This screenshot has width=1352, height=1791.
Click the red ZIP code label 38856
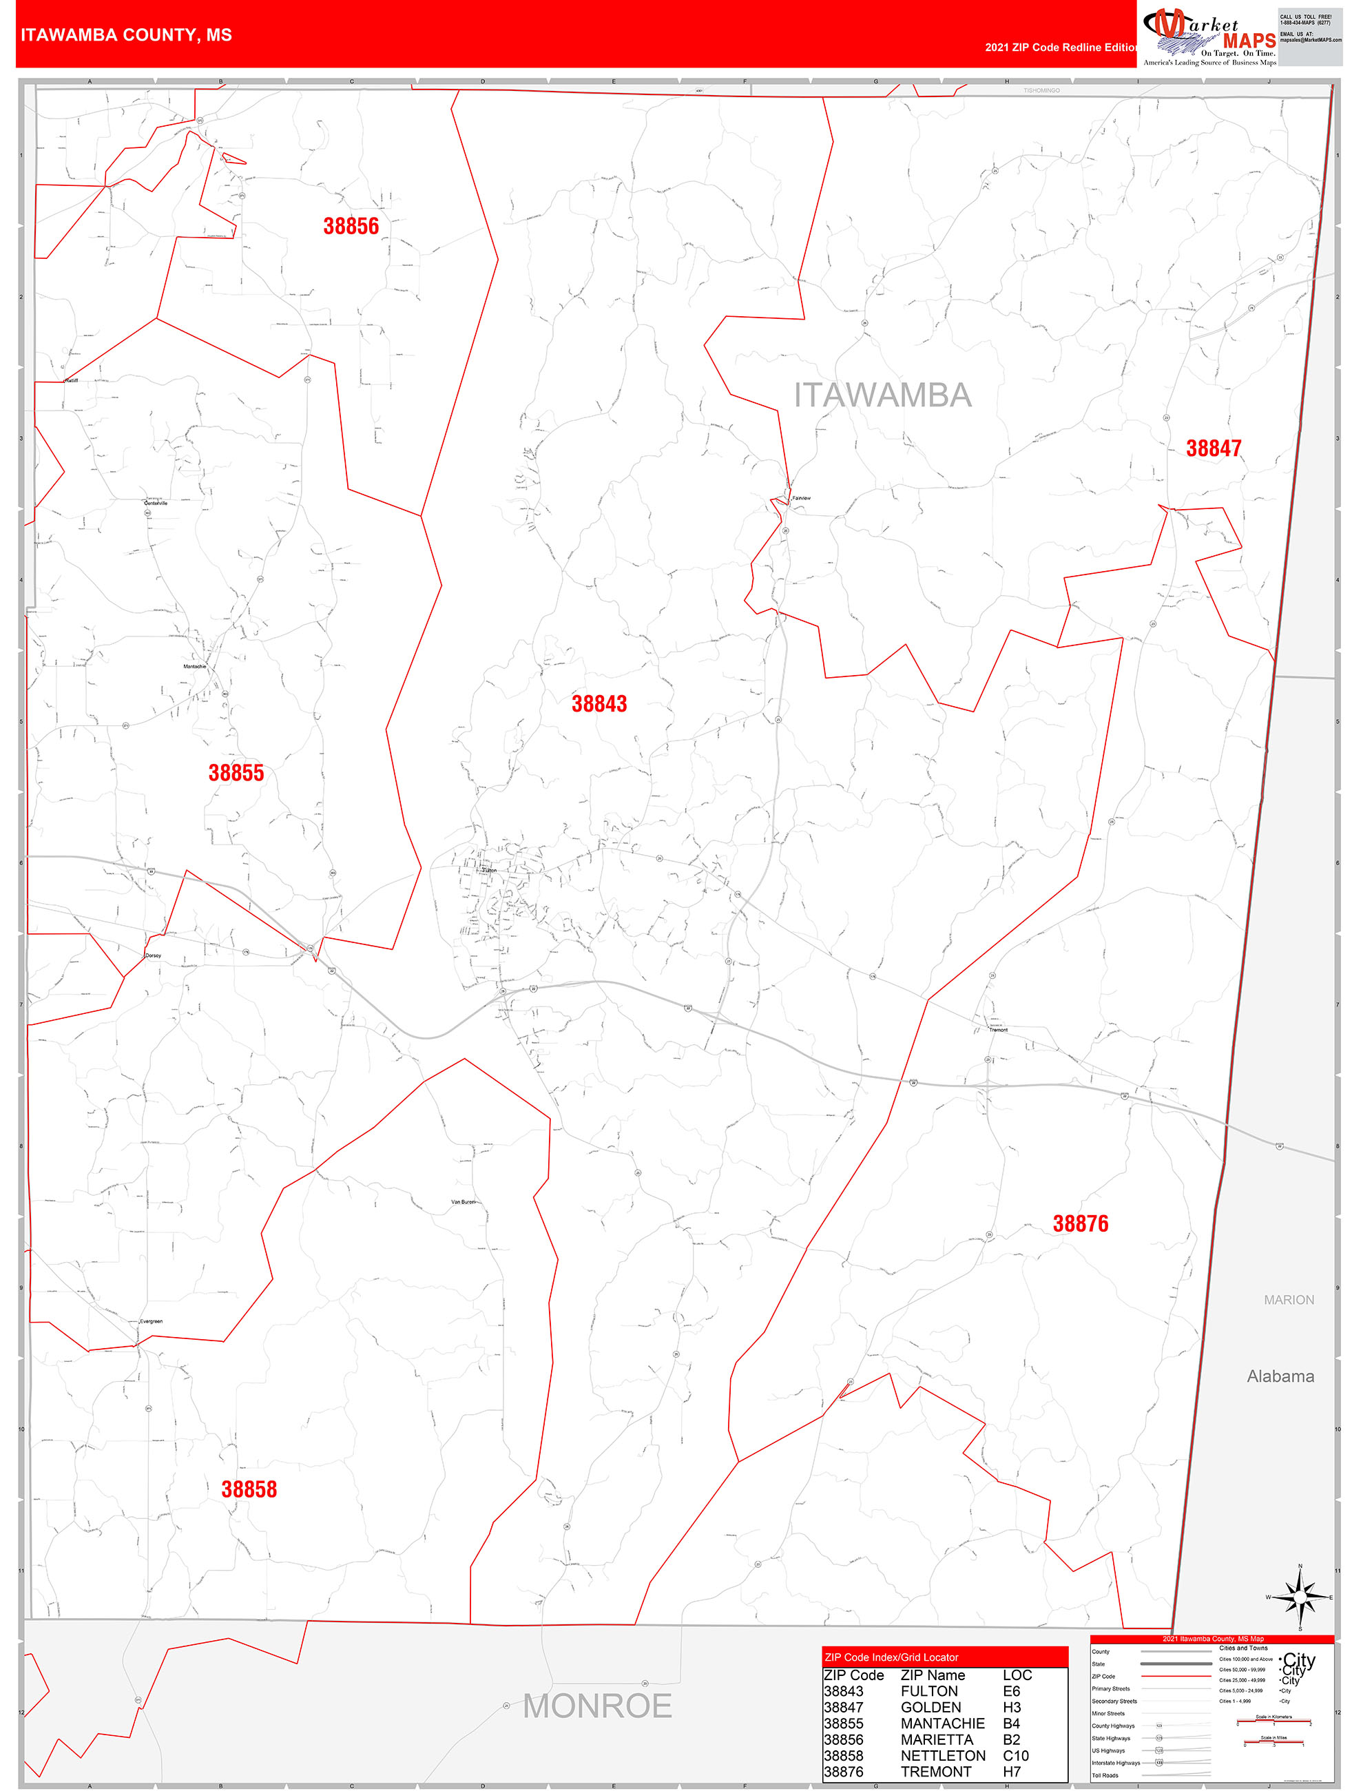351,227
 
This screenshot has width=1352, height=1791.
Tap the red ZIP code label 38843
599,703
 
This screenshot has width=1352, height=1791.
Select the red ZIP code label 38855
236,774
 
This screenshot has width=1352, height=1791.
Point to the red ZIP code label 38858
249,1489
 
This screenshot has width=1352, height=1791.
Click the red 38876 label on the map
1080,1223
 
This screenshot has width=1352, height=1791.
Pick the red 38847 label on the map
1213,448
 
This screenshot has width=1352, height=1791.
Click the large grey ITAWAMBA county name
882,395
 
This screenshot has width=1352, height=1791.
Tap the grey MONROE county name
596,1706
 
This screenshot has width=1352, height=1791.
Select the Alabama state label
1279,1376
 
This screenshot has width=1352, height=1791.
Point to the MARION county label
1289,1300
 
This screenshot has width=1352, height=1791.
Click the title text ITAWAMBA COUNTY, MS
126,35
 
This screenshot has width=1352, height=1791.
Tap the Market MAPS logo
1208,37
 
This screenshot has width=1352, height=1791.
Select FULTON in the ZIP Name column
928,1691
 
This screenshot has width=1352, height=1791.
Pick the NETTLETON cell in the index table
942,1755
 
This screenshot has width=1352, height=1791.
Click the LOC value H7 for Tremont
1011,1772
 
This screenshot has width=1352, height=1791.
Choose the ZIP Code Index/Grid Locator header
891,1657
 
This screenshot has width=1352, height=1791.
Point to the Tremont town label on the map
998,1030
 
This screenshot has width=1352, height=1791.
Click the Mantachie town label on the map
194,666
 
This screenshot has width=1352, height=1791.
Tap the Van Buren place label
463,1201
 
